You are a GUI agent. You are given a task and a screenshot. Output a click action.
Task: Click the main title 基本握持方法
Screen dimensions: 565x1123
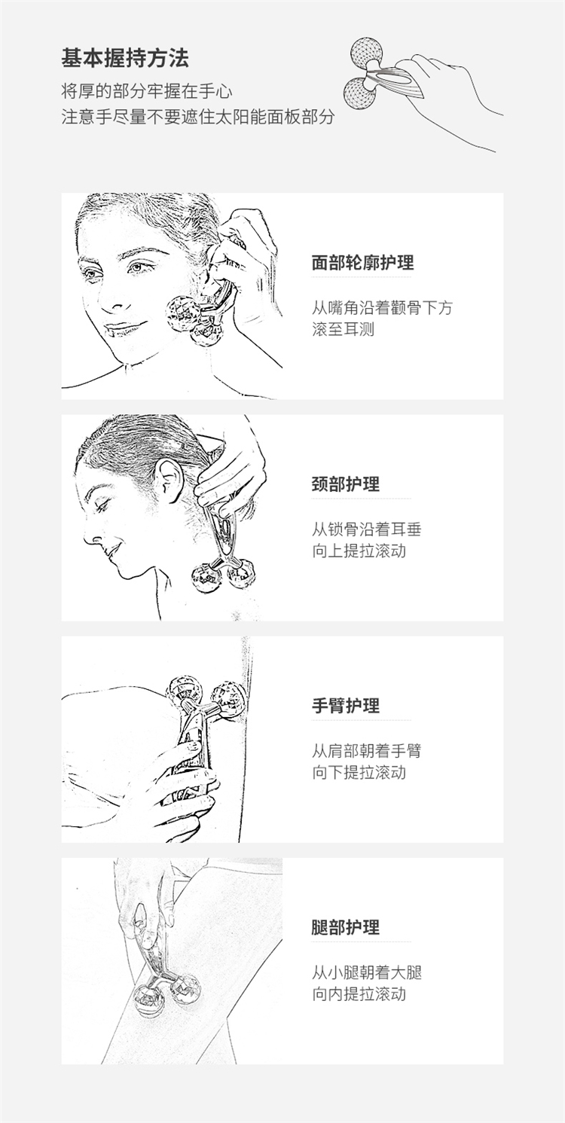click(x=125, y=58)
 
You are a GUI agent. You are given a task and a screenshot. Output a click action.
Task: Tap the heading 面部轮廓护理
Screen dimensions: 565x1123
click(x=362, y=263)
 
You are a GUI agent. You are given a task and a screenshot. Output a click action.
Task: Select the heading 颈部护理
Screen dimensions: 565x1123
click(x=346, y=484)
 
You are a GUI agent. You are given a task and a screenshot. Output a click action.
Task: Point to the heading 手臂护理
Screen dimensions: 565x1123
click(x=346, y=706)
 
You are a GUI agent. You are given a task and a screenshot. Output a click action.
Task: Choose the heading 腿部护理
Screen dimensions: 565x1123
click(x=346, y=927)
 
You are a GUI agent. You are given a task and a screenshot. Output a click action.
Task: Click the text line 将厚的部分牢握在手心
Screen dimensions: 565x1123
click(x=147, y=92)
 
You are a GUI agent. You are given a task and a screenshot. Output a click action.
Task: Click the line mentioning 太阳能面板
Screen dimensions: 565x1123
click(x=198, y=117)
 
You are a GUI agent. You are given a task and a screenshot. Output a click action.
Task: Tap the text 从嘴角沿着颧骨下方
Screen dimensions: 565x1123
click(x=382, y=308)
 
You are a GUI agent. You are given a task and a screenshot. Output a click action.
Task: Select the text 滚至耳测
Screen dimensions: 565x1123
click(x=343, y=330)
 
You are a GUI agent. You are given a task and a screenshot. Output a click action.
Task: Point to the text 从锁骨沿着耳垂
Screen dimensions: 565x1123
click(x=366, y=529)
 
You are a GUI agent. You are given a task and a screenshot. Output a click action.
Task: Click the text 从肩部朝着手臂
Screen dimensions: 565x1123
click(x=366, y=751)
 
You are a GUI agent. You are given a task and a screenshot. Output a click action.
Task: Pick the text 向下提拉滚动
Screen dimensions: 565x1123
click(x=359, y=773)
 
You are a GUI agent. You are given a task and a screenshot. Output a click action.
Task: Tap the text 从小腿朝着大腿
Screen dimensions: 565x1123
click(x=366, y=972)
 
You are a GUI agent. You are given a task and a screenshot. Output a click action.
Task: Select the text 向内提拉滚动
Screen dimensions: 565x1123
click(x=359, y=994)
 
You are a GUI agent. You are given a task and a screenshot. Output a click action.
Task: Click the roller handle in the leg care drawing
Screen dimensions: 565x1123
click(x=151, y=942)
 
